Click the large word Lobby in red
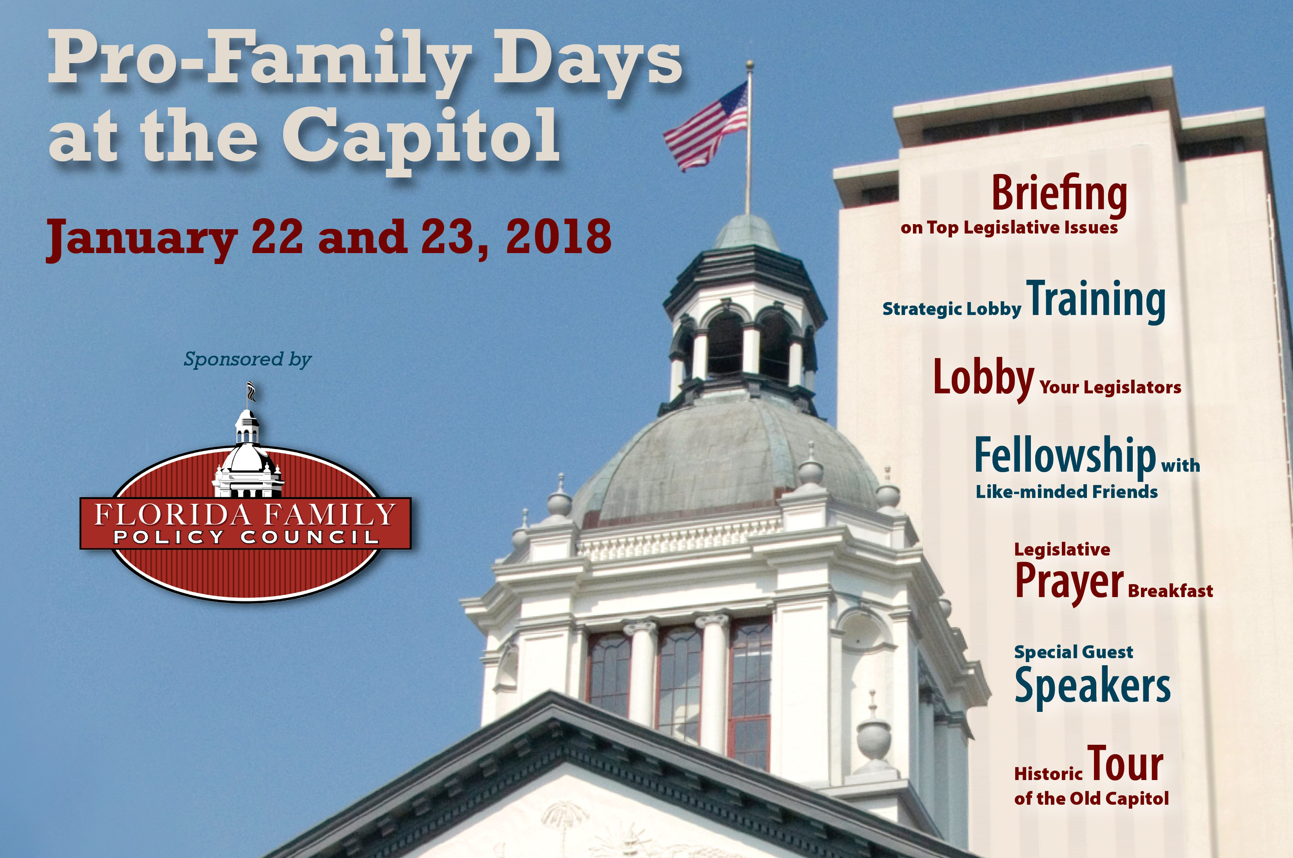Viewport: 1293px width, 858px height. [x=983, y=378]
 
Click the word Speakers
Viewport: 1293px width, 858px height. [x=1092, y=686]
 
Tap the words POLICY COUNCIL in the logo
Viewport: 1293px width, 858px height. [x=246, y=537]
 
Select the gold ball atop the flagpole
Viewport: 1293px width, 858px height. [x=750, y=65]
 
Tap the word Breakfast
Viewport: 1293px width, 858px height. [x=1170, y=591]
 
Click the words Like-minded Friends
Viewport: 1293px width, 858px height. [x=1067, y=491]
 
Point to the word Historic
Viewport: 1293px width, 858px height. [x=1049, y=774]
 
